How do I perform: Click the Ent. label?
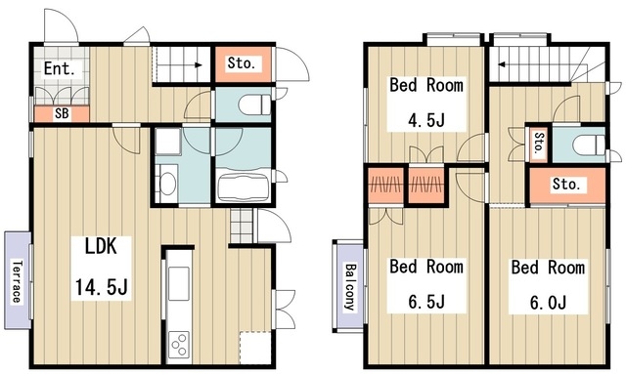pyautogui.click(x=59, y=68)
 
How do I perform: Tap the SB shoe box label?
pyautogui.click(x=62, y=113)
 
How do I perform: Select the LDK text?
pyautogui.click(x=101, y=246)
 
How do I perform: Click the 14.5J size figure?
pyautogui.click(x=102, y=286)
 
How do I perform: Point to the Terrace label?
pyautogui.click(x=17, y=281)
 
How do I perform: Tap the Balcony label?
pyautogui.click(x=350, y=287)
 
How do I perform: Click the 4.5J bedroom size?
pyautogui.click(x=426, y=119)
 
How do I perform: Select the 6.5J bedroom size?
pyautogui.click(x=426, y=302)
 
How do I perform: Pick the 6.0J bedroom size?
pyautogui.click(x=548, y=303)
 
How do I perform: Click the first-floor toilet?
pyautogui.click(x=254, y=104)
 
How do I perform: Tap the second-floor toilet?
pyautogui.click(x=589, y=144)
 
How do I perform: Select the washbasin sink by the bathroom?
pyautogui.click(x=167, y=184)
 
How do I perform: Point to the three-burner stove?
pyautogui.click(x=178, y=345)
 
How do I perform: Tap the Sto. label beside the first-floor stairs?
pyautogui.click(x=242, y=63)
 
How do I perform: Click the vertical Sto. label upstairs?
pyautogui.click(x=539, y=144)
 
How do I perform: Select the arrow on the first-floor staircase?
pyautogui.click(x=178, y=64)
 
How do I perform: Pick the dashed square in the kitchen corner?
pyautogui.click(x=255, y=347)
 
